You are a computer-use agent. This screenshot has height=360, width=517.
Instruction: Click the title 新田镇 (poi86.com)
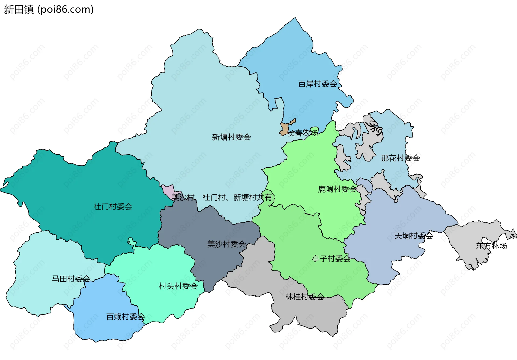click(x=49, y=9)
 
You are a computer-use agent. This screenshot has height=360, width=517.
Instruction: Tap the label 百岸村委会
click(x=317, y=84)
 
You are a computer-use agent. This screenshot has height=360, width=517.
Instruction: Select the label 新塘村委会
click(x=231, y=137)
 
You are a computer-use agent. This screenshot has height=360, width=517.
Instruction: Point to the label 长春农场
click(x=302, y=133)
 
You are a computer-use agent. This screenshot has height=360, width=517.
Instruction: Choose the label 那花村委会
click(x=400, y=158)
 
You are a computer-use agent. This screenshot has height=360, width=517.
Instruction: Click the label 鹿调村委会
click(x=337, y=189)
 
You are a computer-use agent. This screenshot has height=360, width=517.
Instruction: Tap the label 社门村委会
click(x=113, y=207)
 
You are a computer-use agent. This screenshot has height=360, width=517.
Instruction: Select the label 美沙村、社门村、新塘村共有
click(x=222, y=197)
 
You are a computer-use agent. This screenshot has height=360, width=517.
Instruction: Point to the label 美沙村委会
click(x=226, y=244)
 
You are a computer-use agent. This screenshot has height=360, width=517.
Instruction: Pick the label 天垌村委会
click(x=414, y=236)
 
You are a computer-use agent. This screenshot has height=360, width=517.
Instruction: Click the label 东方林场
click(x=491, y=246)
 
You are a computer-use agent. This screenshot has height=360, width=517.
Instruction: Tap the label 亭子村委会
click(x=331, y=259)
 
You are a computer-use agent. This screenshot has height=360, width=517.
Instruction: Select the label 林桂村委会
click(x=305, y=297)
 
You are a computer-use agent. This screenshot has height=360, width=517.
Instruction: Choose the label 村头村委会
click(x=178, y=286)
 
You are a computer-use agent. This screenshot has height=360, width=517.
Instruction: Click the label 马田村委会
click(x=71, y=279)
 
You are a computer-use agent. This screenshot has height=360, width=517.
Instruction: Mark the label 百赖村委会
click(x=125, y=317)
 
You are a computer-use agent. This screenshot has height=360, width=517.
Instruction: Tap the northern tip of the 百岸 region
click(x=295, y=19)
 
